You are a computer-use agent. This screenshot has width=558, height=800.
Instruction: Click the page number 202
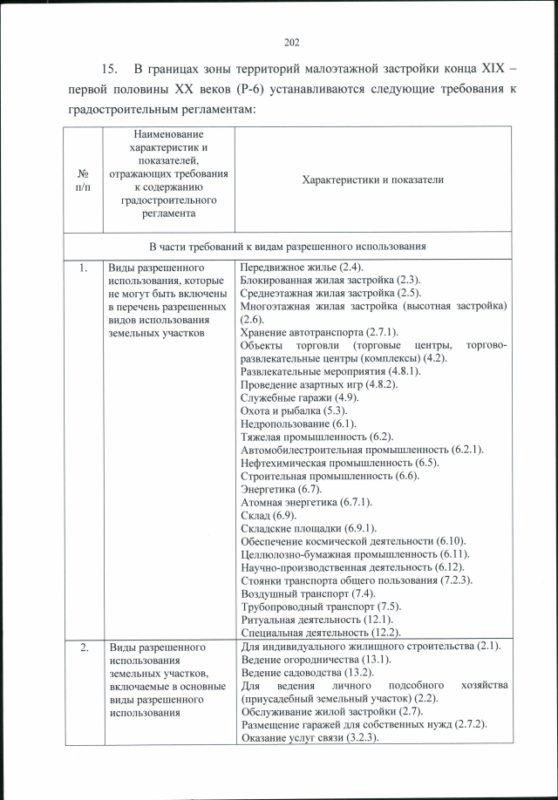click(x=291, y=42)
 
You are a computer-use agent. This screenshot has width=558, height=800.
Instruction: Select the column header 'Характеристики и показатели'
click(x=372, y=180)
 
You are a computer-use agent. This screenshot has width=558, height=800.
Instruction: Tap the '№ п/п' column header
click(x=82, y=180)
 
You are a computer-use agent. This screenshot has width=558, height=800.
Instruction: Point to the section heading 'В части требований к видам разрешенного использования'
click(x=287, y=247)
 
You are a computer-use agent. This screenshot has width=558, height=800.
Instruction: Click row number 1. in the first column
click(x=82, y=268)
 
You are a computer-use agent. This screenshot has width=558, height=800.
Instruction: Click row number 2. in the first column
click(x=82, y=647)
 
